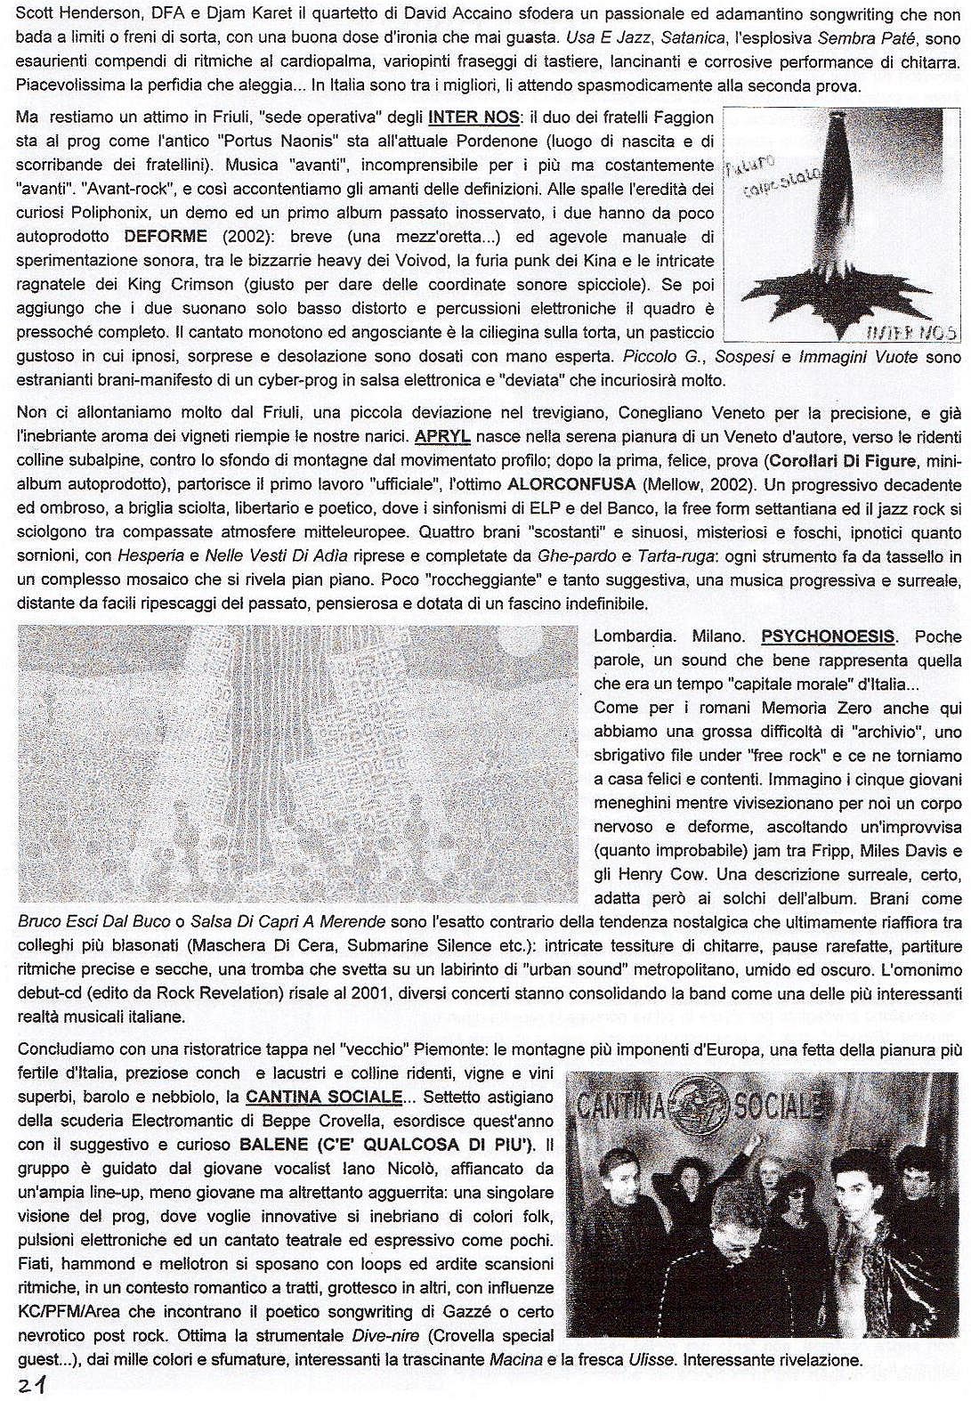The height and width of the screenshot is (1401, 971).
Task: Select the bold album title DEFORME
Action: coord(166,237)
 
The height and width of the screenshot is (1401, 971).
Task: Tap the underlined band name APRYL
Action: coord(442,437)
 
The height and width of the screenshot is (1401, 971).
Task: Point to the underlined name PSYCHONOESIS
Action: coord(828,636)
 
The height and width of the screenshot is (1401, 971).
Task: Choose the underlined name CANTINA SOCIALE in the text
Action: coord(324,1097)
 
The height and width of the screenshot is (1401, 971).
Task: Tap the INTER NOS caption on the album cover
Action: coord(912,332)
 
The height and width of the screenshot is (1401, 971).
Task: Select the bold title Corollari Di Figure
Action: coord(842,461)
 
